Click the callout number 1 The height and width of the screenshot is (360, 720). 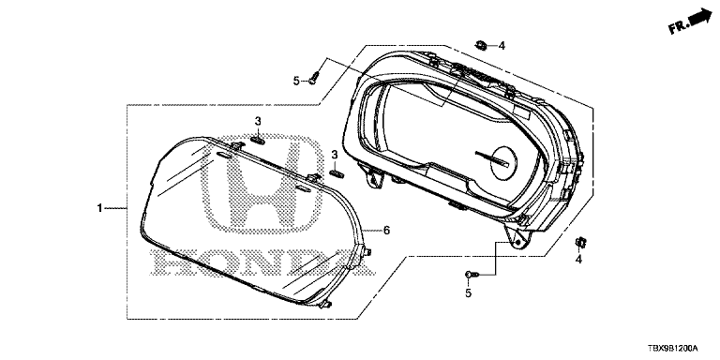tap(99, 208)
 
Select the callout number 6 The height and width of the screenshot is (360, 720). tap(386, 231)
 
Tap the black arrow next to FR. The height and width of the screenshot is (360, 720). tap(700, 18)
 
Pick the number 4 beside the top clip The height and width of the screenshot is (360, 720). tap(502, 45)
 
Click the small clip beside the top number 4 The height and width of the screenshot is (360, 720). tap(482, 45)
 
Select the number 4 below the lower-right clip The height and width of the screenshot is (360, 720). tap(578, 260)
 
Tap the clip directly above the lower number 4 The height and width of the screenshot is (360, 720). tap(580, 243)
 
